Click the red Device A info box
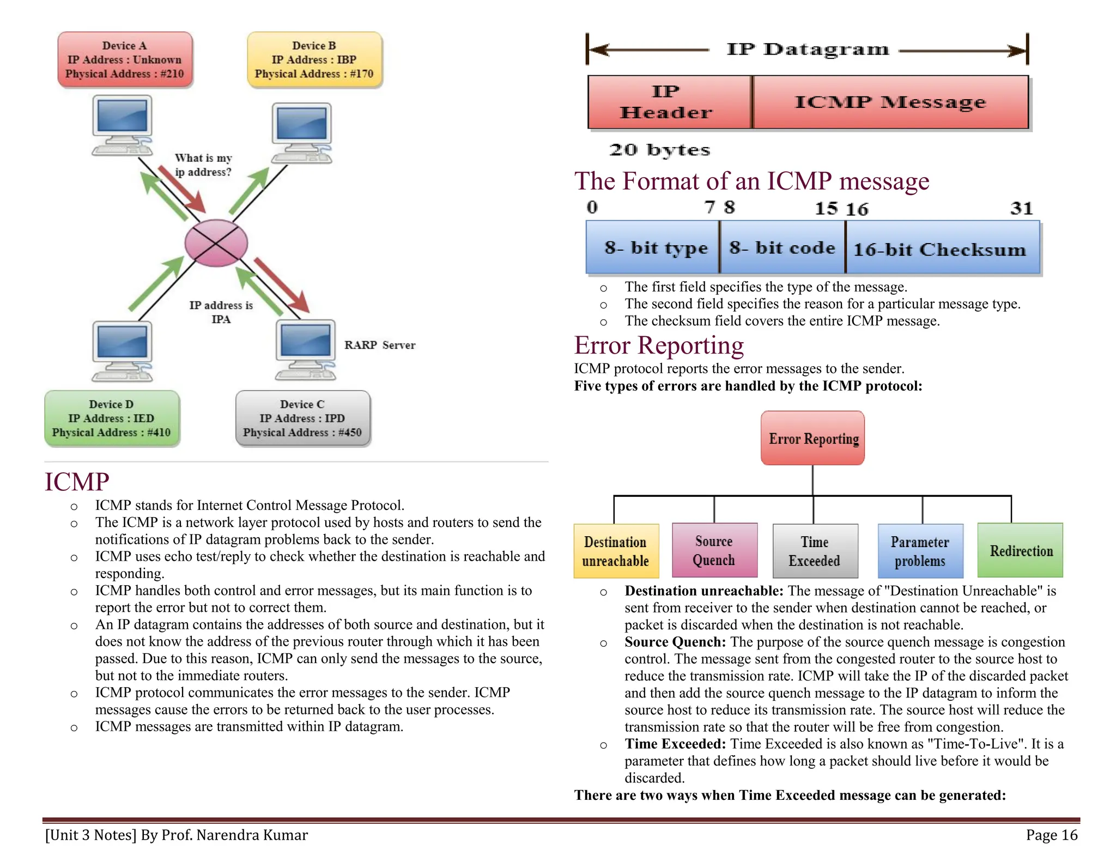125,59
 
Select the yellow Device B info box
314,59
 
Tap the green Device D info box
112,418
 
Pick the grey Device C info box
302,418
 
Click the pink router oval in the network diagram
216,243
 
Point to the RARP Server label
380,345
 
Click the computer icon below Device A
122,125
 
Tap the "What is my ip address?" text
203,165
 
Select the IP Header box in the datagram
670,102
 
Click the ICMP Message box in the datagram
890,102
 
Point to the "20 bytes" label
659,150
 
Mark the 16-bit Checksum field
943,247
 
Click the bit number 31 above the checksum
1021,208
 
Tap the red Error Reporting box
812,438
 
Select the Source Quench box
714,550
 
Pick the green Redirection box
1020,550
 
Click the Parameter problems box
920,551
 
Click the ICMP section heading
77,482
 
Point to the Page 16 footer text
1052,835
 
